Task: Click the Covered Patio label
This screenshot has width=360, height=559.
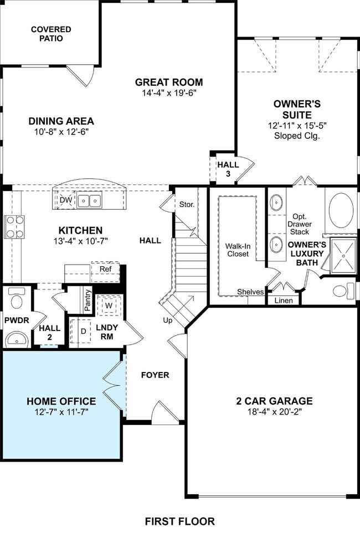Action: click(51, 34)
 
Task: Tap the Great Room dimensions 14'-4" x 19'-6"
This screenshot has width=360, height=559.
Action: click(169, 93)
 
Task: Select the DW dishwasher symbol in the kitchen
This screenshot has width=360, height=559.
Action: click(66, 200)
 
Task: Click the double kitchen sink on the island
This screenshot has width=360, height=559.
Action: click(89, 200)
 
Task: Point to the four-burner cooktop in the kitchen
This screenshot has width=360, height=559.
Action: click(14, 227)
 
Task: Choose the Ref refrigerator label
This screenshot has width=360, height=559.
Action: click(105, 269)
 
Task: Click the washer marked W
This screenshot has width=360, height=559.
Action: click(109, 305)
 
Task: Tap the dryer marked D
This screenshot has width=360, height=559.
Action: click(83, 331)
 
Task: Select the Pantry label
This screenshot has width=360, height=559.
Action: click(88, 300)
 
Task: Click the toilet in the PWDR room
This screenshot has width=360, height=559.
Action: click(16, 298)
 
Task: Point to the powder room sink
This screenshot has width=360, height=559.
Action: click(17, 339)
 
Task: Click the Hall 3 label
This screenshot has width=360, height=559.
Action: click(228, 169)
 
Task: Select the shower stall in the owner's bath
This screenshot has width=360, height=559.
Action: click(343, 256)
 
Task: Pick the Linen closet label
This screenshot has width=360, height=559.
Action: click(284, 301)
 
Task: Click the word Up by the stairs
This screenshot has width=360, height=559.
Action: click(168, 320)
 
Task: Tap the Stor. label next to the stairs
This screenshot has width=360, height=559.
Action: click(187, 204)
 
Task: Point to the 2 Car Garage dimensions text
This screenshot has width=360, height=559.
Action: click(275, 412)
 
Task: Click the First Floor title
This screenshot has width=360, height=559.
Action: click(180, 521)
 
